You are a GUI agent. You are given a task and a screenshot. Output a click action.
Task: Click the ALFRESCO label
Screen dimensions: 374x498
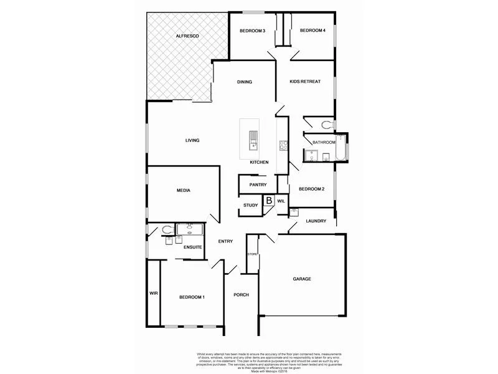point(187,37)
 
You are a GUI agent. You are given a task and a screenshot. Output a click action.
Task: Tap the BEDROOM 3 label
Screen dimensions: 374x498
point(253,31)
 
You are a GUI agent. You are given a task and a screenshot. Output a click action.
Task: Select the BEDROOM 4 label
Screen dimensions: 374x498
point(312,31)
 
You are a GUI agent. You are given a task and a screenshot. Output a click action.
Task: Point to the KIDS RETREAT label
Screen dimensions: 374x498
point(305,82)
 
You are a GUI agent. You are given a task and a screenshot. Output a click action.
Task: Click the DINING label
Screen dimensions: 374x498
point(244,82)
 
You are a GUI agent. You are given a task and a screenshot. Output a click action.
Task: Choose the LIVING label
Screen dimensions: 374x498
point(192,140)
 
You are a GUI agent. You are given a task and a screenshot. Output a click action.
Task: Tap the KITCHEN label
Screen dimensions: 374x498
point(259,162)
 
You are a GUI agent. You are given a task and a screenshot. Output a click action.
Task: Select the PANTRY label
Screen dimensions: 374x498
point(258,185)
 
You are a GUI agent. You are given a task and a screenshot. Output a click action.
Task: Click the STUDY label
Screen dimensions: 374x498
point(251,204)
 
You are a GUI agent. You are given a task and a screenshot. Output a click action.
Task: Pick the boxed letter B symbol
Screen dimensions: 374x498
point(269,201)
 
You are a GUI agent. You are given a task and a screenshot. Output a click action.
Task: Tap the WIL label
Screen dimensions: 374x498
point(281,201)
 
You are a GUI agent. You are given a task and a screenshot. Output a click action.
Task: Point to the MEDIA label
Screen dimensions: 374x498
point(183,190)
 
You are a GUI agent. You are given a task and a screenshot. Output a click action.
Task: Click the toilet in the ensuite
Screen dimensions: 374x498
point(166,230)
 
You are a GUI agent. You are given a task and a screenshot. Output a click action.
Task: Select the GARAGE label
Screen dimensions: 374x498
point(302,279)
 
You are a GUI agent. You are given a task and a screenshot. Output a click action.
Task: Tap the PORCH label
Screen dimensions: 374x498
point(241,295)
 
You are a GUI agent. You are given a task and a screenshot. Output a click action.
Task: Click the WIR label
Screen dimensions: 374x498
point(153,293)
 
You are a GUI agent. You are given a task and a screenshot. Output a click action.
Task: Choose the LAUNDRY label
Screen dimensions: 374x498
point(316,221)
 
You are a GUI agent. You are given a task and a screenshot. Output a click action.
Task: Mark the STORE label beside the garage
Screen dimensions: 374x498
point(252,254)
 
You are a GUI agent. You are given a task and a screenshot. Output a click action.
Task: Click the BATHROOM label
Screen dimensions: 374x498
point(324,142)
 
